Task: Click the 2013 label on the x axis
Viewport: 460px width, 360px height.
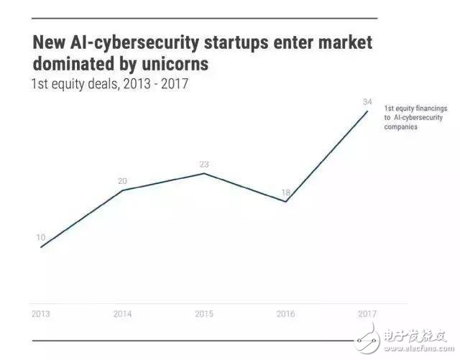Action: tap(41, 314)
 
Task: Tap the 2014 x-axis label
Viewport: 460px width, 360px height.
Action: tap(122, 314)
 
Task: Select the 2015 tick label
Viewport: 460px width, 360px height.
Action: tap(204, 314)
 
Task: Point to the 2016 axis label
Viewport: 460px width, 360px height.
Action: tap(285, 314)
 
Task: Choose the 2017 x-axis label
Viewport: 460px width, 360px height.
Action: tap(367, 314)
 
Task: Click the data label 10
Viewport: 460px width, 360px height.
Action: tap(41, 237)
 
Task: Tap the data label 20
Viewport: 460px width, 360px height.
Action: tap(122, 181)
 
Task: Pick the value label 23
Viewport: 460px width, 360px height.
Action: tap(204, 165)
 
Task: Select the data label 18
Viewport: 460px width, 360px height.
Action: tap(286, 193)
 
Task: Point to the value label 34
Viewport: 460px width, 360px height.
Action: tap(367, 102)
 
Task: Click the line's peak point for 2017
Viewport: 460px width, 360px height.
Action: tap(367, 111)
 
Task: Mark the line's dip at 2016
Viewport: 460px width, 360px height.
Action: tap(286, 202)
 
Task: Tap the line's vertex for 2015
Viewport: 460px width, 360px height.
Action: tap(204, 173)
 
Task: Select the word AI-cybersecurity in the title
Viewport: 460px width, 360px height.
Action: tap(134, 43)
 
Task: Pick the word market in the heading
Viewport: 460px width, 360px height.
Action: tap(345, 42)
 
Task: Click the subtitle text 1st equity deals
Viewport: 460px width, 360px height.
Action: tap(75, 84)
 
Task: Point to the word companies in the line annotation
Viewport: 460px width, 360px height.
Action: tap(401, 127)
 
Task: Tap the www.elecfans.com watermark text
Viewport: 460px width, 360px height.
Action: tap(419, 349)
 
